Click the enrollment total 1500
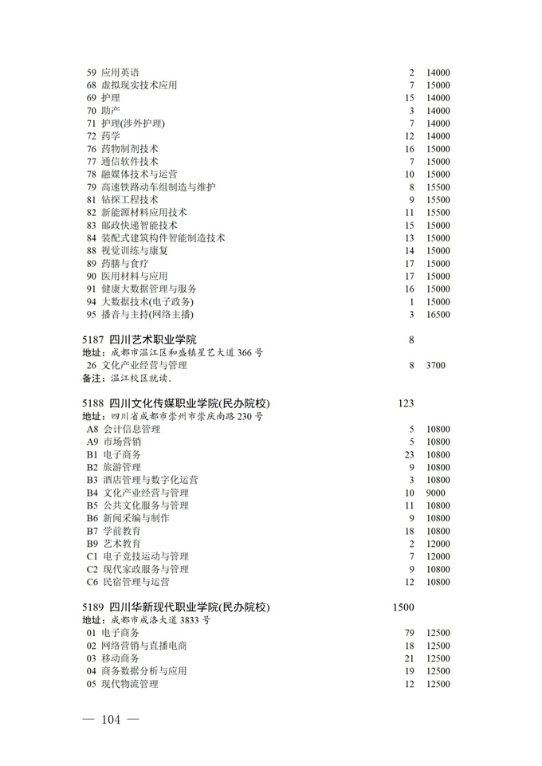pos(403,607)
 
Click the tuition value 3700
pos(436,365)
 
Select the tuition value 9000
pos(436,493)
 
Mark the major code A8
pos(92,429)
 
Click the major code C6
pos(92,582)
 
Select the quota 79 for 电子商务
pos(410,633)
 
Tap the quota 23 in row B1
pos(410,454)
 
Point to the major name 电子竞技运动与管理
pos(145,556)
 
